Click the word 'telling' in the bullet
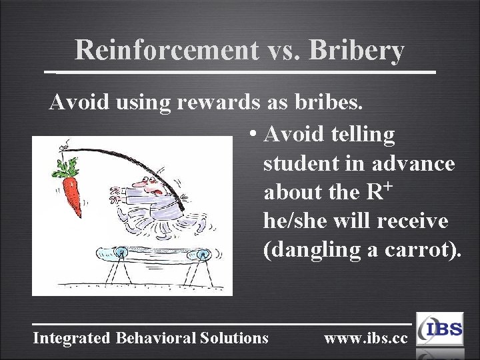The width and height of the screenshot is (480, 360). pos(363,135)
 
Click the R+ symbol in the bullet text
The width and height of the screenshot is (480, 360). pos(378,192)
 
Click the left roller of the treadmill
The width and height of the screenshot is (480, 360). pos(121,253)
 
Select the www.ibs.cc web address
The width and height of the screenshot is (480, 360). pos(365,338)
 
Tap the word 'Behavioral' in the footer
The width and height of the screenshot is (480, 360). pos(155,338)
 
